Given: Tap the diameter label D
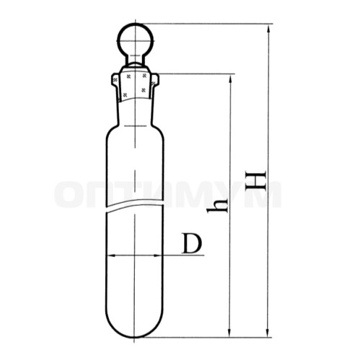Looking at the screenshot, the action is (192, 243).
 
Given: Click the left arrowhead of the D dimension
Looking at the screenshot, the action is (110, 255).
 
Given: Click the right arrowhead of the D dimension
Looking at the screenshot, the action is (160, 255).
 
